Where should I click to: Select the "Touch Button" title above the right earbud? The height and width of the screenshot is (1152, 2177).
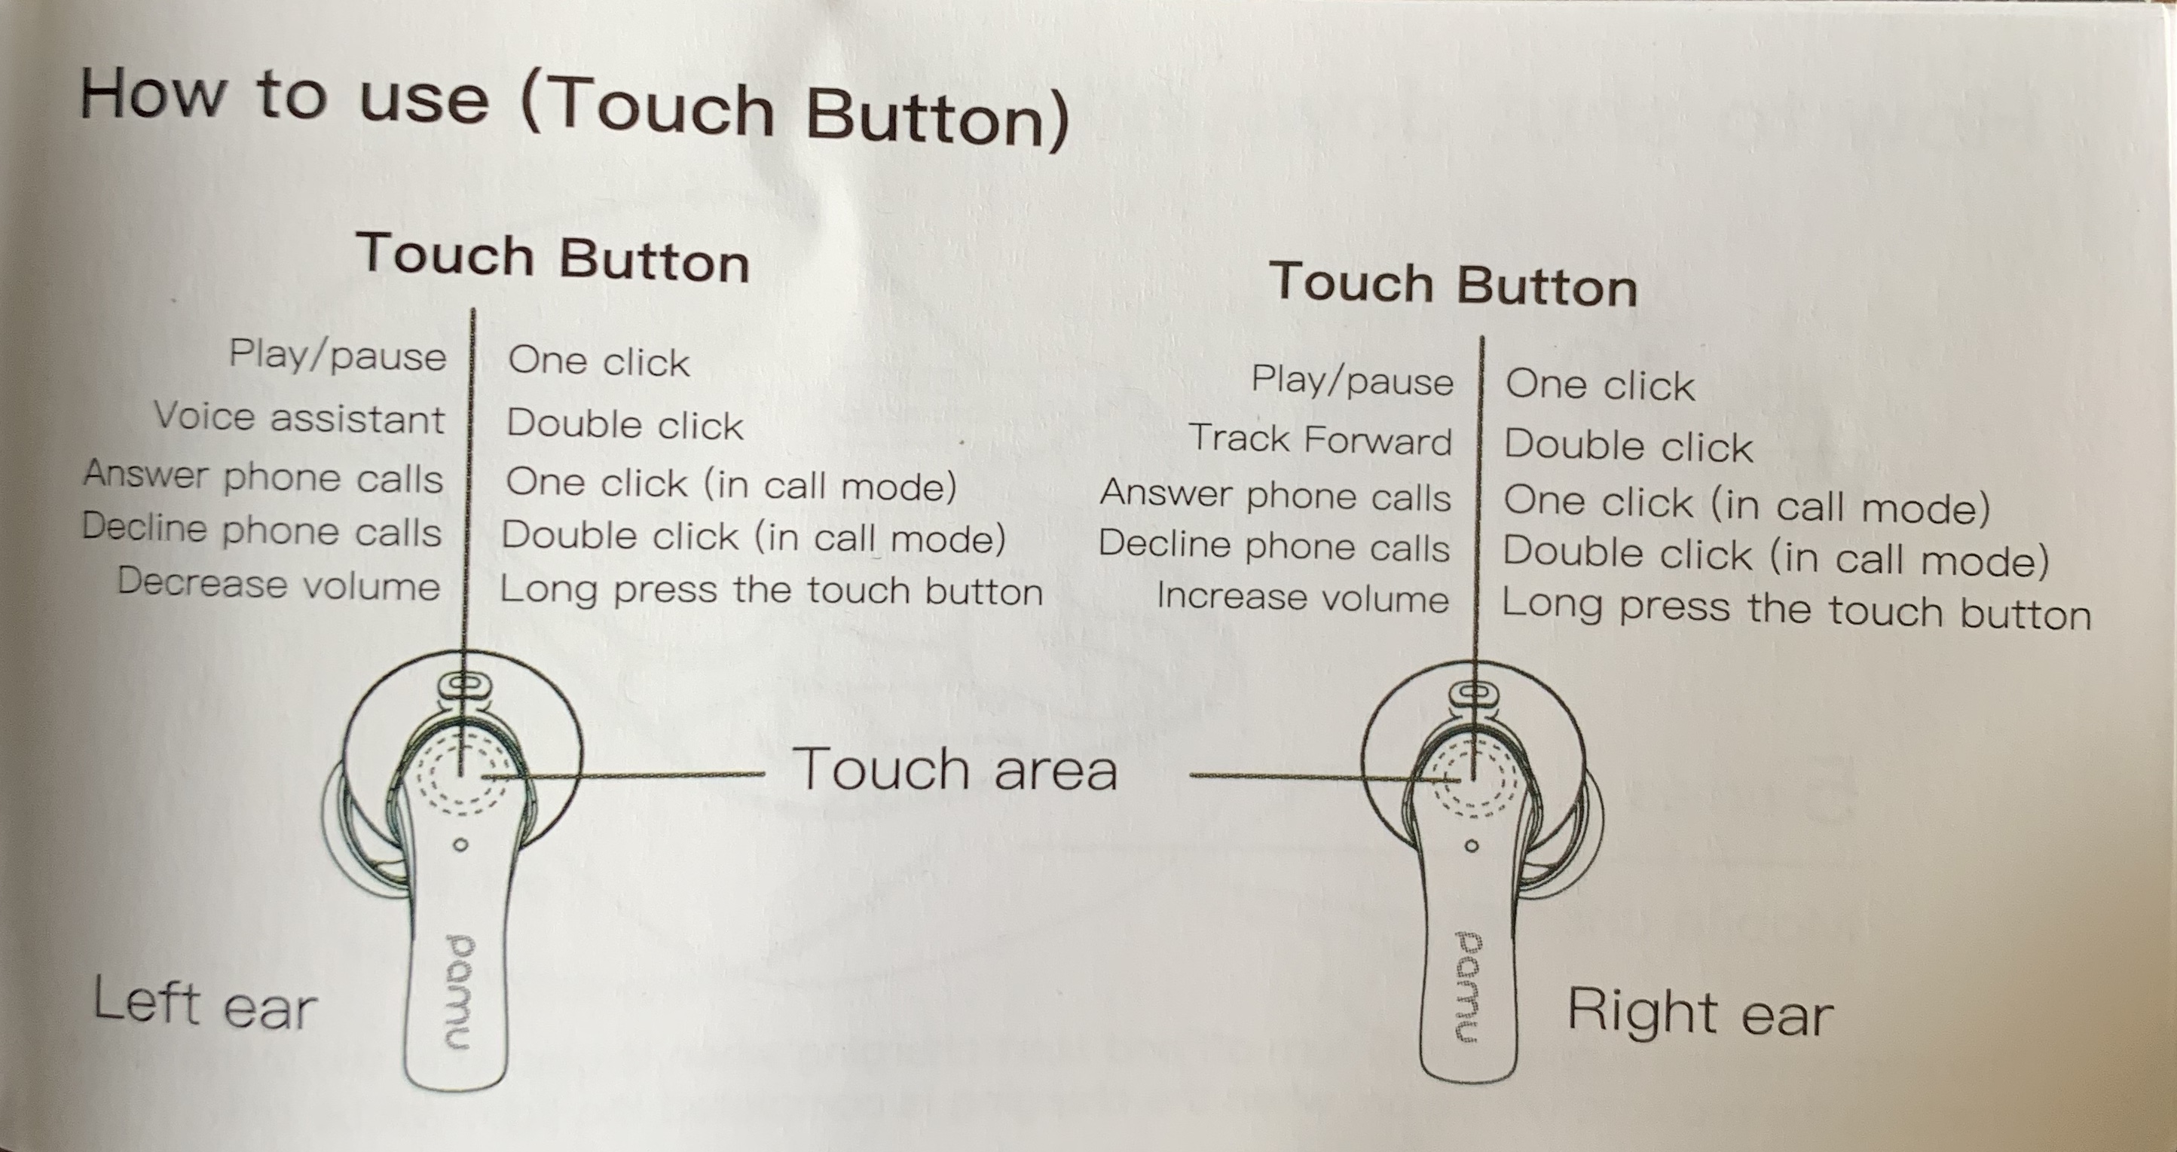click(x=1454, y=284)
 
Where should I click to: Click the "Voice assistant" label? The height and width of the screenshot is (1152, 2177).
click(x=299, y=417)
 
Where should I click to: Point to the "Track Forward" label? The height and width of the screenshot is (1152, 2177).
click(x=1320, y=439)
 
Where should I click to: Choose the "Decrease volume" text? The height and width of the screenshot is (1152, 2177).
click(x=279, y=584)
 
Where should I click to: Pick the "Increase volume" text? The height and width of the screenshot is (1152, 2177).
click(x=1302, y=597)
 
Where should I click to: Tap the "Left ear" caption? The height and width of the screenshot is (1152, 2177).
click(x=204, y=1004)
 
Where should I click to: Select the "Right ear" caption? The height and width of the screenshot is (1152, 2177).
click(x=1700, y=1012)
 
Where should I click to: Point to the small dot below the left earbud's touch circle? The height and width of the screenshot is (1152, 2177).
click(x=460, y=845)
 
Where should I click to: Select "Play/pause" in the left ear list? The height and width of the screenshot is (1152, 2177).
click(x=337, y=355)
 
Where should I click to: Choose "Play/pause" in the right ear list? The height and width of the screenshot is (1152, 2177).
click(x=1352, y=380)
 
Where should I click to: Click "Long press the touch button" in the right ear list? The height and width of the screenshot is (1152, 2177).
click(x=1796, y=609)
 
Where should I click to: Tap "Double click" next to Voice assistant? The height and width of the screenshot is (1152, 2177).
click(x=625, y=424)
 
